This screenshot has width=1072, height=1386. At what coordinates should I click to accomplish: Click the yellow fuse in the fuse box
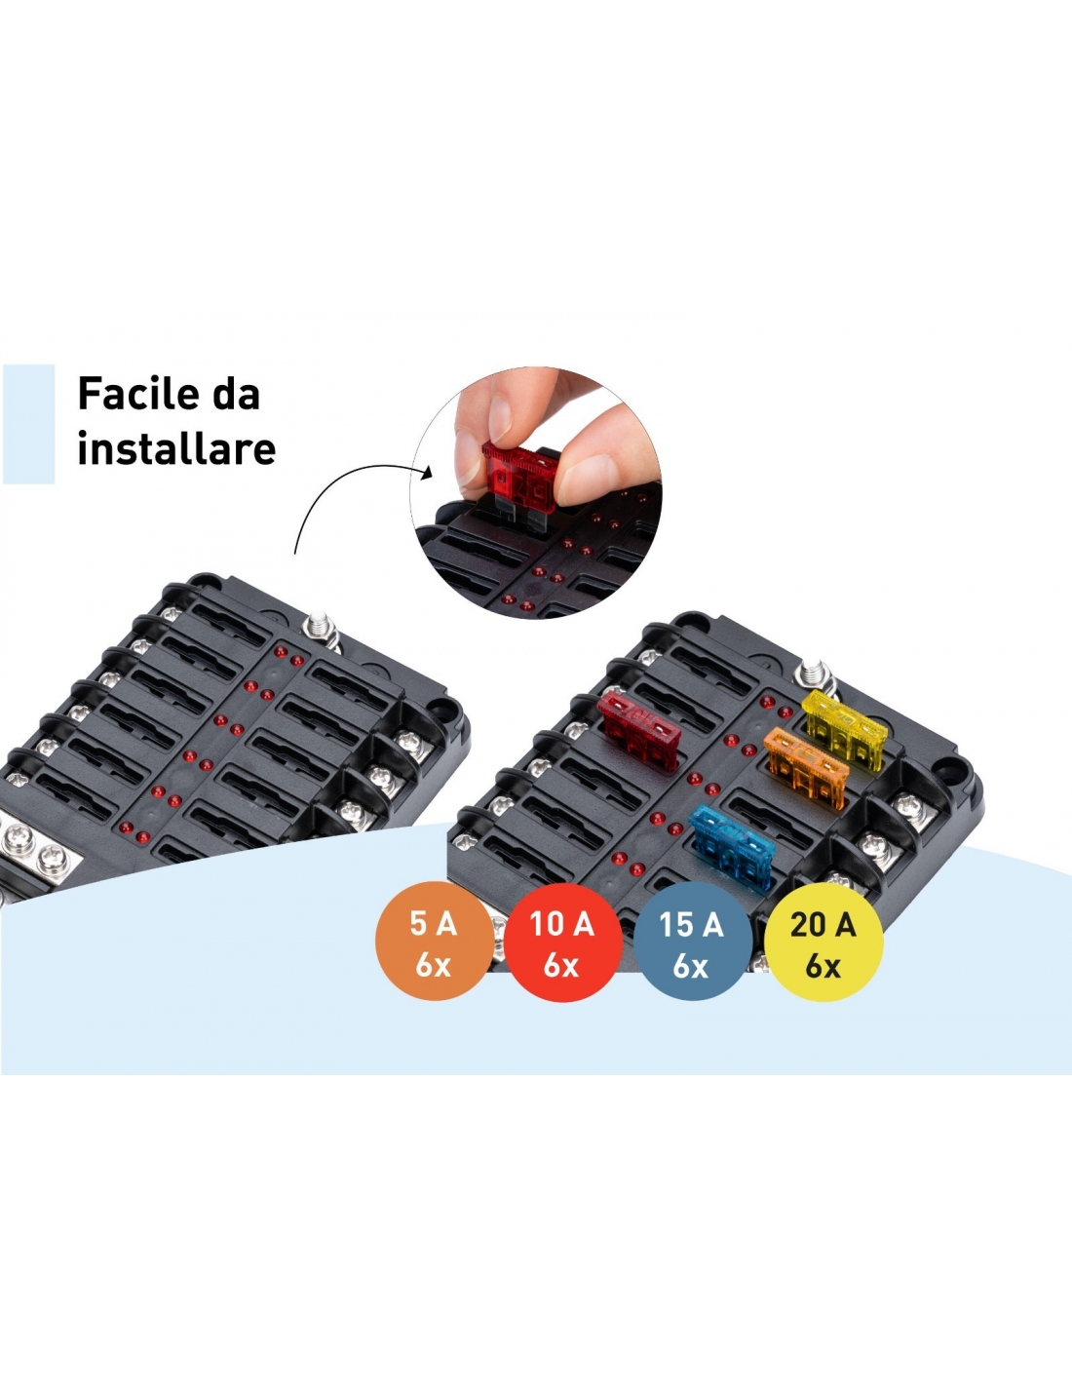pyautogui.click(x=846, y=728)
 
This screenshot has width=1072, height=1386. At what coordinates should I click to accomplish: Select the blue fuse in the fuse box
pyautogui.click(x=734, y=847)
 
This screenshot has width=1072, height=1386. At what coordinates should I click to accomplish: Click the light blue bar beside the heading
pyautogui.click(x=28, y=424)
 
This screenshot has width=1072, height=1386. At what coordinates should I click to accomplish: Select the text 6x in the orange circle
pyautogui.click(x=434, y=967)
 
